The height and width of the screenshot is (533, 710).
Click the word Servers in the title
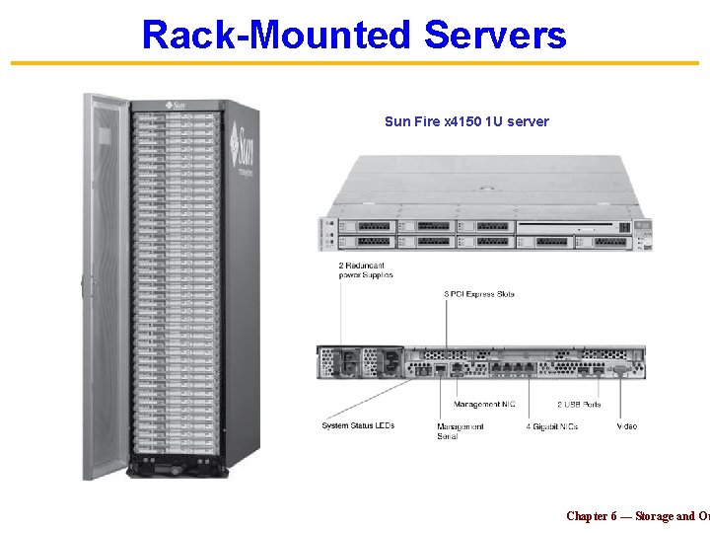(x=495, y=35)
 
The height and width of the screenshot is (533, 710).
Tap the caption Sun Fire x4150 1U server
(x=466, y=121)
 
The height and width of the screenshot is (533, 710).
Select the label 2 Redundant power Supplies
(x=366, y=270)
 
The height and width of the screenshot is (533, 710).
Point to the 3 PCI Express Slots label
(x=479, y=294)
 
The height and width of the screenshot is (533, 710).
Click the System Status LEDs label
(x=357, y=425)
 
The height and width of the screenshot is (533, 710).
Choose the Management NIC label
(x=484, y=405)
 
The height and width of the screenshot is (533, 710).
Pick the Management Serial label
(x=461, y=431)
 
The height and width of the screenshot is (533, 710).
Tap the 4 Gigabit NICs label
(x=552, y=426)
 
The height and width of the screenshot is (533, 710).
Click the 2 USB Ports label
(x=579, y=405)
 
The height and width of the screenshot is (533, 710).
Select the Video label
(x=627, y=426)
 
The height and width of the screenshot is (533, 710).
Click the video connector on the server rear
(x=620, y=370)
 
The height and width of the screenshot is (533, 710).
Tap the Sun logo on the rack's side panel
(x=246, y=146)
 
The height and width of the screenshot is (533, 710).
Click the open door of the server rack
(x=105, y=286)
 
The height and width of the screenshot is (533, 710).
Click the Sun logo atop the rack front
(x=178, y=103)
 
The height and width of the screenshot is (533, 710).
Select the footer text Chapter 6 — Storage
(x=631, y=516)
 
